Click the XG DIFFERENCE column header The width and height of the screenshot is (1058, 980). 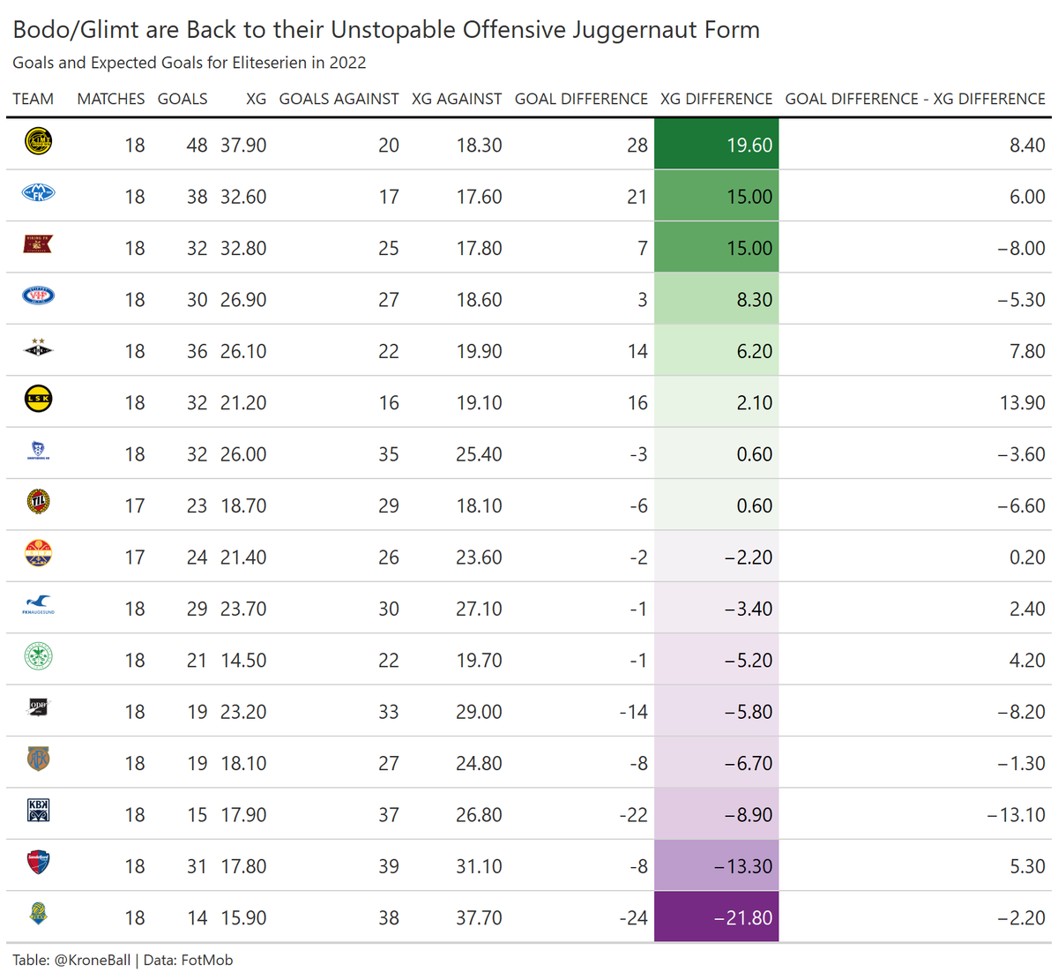(x=716, y=99)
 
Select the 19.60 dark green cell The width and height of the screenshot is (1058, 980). (x=716, y=145)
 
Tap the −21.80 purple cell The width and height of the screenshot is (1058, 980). (x=716, y=917)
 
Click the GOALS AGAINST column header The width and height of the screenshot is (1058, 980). (x=339, y=99)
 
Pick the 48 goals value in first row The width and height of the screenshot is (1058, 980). (x=197, y=145)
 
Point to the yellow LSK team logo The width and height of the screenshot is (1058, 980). (x=38, y=400)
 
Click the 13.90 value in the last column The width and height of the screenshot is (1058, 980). (x=1022, y=403)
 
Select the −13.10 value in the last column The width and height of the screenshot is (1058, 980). (x=1016, y=815)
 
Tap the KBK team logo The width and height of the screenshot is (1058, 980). (x=38, y=811)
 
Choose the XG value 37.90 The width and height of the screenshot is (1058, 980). (x=243, y=145)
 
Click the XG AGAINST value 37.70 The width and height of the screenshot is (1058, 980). (x=479, y=917)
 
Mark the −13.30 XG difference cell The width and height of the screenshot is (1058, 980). (x=716, y=866)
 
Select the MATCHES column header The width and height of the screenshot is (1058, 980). (x=111, y=99)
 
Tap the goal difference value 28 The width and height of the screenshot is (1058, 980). (x=637, y=145)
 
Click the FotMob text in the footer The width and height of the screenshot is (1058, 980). (x=206, y=960)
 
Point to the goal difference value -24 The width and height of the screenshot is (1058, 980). (x=633, y=917)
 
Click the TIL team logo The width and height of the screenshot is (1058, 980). (x=38, y=503)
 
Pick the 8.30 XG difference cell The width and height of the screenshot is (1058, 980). (x=716, y=300)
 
